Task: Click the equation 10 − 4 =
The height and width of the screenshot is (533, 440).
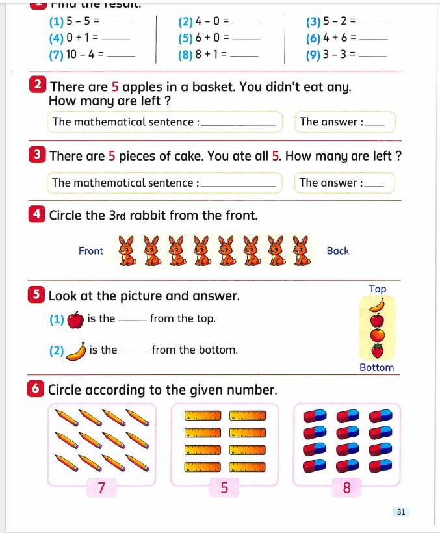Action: click(77, 55)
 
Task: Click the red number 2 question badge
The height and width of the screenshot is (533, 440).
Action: click(38, 86)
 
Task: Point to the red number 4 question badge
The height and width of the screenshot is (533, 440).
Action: click(37, 214)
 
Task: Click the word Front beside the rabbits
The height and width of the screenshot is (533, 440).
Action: click(90, 251)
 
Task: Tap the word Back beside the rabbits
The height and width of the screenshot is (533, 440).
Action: click(337, 251)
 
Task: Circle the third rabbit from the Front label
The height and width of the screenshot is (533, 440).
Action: click(177, 251)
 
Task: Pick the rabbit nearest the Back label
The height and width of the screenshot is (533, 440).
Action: click(300, 251)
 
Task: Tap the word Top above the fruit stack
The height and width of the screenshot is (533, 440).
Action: click(377, 289)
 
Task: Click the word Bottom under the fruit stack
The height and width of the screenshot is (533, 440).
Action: click(377, 368)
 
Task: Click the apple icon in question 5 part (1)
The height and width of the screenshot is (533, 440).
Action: click(75, 319)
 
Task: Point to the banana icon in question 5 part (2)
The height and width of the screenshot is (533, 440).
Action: click(77, 351)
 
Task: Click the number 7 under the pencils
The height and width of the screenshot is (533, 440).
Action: click(101, 487)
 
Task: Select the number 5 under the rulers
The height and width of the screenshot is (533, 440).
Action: click(224, 487)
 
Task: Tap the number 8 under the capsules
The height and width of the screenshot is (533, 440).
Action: click(346, 487)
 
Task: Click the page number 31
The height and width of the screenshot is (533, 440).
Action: click(400, 512)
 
